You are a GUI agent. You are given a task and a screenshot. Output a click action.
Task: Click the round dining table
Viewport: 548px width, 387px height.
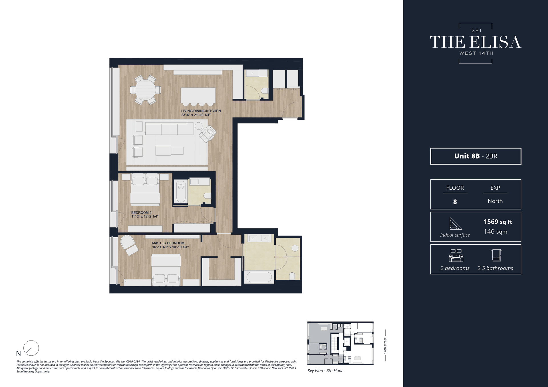pos(145,90)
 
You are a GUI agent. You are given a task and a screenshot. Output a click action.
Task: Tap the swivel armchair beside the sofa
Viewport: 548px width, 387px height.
pos(207,134)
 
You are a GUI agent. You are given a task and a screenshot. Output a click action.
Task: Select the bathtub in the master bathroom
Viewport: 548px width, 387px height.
pos(259,277)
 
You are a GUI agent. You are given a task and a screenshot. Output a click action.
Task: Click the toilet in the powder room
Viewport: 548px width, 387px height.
pos(265,91)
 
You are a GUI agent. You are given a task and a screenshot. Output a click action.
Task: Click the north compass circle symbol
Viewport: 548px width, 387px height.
pos(31,348)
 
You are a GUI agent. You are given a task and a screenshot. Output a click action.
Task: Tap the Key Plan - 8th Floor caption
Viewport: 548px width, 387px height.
pos(325,370)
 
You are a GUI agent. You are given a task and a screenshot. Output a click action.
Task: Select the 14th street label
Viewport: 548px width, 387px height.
pos(385,346)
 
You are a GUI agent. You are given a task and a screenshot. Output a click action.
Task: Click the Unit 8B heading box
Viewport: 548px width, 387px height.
pos(476,156)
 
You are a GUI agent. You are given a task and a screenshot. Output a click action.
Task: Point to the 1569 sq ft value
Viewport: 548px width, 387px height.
pos(498,222)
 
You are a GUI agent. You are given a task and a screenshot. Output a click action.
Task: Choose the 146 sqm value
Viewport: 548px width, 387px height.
pos(495,232)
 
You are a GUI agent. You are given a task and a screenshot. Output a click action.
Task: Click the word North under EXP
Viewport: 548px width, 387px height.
pos(495,201)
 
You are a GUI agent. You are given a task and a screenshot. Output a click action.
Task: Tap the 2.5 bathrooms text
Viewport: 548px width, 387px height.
pos(495,268)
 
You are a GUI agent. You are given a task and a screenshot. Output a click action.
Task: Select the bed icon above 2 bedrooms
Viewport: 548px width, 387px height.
pos(456,256)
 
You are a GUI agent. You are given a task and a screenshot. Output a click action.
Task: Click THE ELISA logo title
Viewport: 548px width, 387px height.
pos(476,42)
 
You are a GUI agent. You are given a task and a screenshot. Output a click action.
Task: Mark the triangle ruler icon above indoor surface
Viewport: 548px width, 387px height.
pos(456,224)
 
